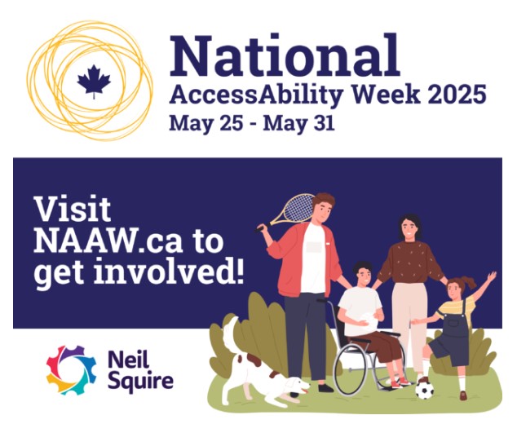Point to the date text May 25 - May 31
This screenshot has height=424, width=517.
[250, 124]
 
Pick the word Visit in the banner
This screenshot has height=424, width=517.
[73, 210]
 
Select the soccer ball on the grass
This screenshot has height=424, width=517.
[424, 390]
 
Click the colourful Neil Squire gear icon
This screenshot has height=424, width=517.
[71, 369]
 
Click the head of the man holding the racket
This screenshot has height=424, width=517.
[323, 207]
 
